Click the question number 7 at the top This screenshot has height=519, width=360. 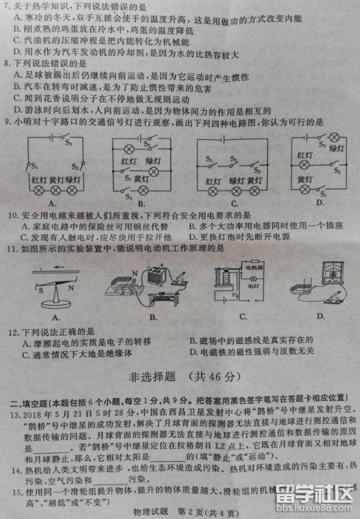click(6, 8)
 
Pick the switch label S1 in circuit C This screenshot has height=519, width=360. click(210, 160)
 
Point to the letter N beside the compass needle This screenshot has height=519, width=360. click(72, 288)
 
